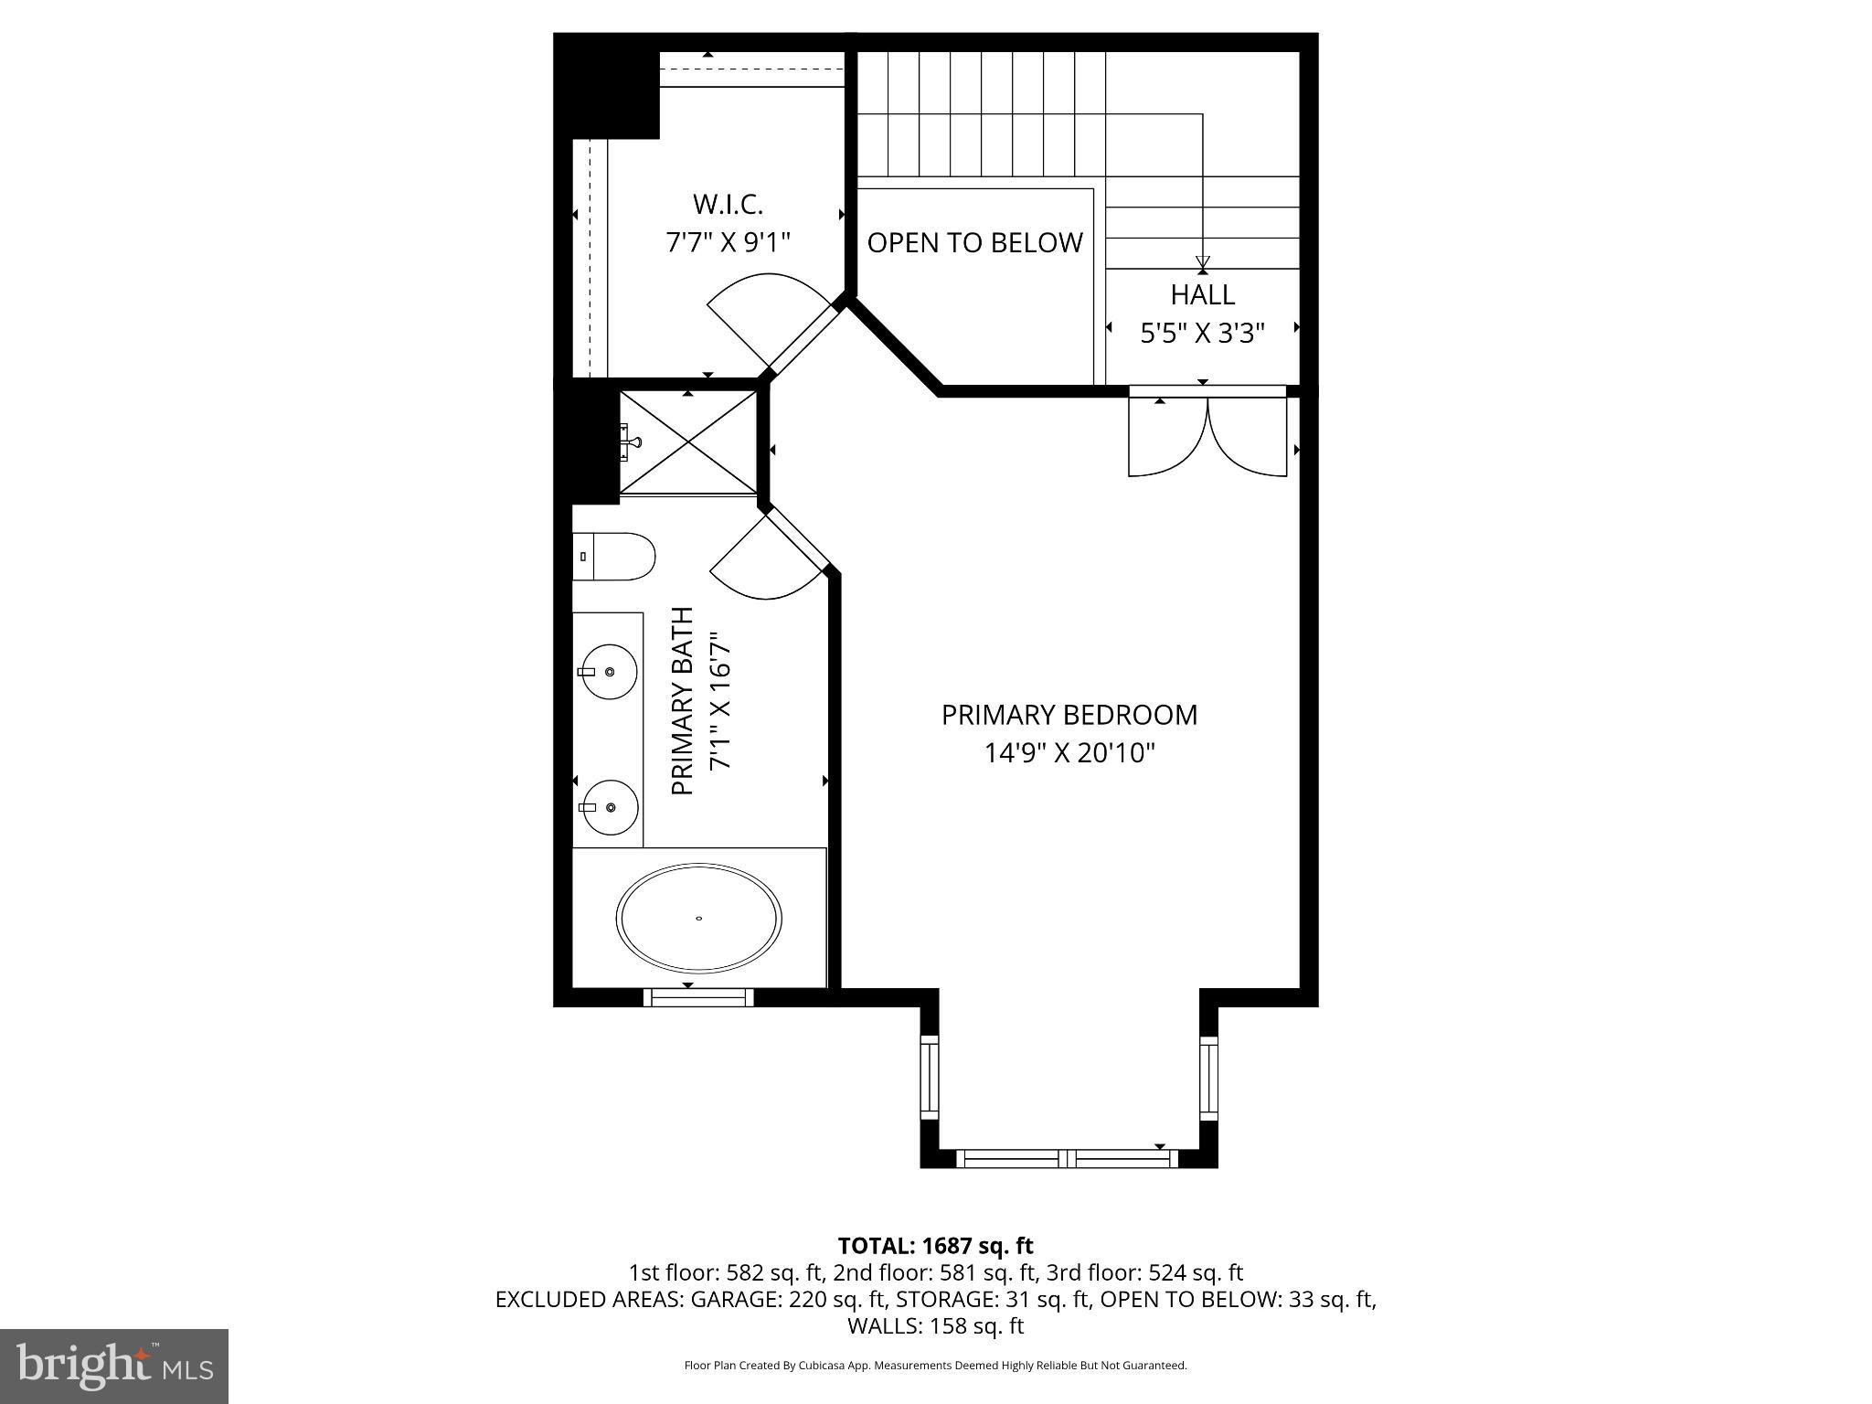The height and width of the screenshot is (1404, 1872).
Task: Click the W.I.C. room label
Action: (x=728, y=203)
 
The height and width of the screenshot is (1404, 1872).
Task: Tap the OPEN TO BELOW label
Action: (x=974, y=243)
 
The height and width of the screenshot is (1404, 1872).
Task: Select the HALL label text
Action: (x=1203, y=294)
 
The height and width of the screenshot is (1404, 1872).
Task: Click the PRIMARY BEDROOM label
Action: (x=1069, y=715)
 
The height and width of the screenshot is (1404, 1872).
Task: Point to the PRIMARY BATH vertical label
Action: (x=683, y=701)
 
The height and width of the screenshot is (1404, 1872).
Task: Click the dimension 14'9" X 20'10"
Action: (x=1069, y=753)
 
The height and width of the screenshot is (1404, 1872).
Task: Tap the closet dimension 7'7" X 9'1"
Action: (x=728, y=242)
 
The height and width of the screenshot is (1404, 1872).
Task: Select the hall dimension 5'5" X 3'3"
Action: (x=1203, y=334)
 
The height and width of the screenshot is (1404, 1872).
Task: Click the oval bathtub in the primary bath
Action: (x=699, y=918)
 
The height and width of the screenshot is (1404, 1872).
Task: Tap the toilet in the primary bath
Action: (x=614, y=556)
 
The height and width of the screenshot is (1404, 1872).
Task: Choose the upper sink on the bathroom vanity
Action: (x=609, y=672)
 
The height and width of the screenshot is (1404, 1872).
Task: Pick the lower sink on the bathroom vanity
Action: (x=610, y=808)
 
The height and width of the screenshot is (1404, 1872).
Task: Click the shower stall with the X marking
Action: (x=688, y=443)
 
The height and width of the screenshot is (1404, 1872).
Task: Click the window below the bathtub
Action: (x=698, y=997)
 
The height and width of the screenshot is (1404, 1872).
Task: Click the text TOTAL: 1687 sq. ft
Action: (x=935, y=1246)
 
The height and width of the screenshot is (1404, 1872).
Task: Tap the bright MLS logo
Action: (x=114, y=1366)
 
